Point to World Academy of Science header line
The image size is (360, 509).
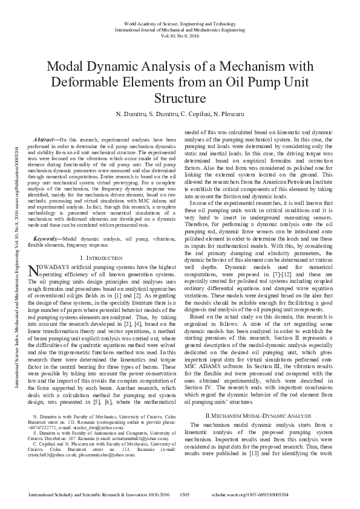[x=180, y=22]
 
